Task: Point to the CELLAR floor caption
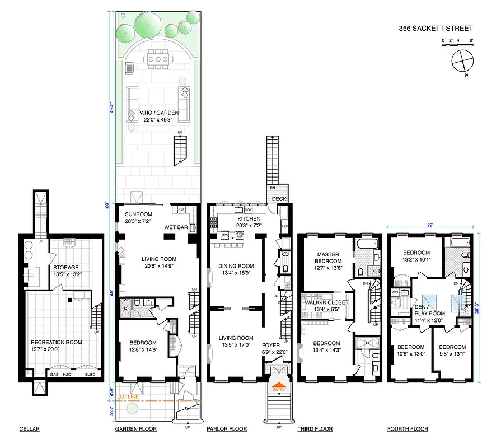(29, 430)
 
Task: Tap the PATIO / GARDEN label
(158, 116)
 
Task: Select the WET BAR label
(175, 227)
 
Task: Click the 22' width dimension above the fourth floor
(430, 225)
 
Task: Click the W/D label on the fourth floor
(395, 292)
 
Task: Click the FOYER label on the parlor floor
(275, 345)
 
